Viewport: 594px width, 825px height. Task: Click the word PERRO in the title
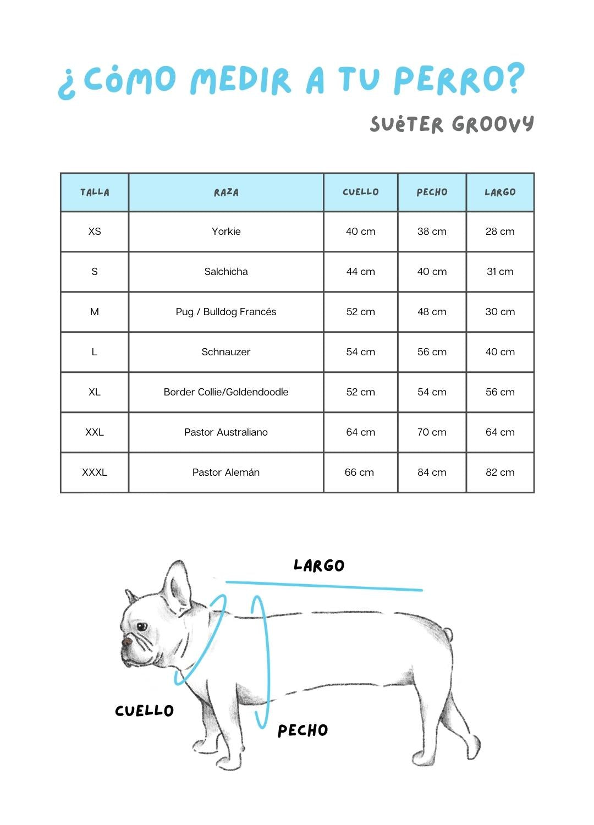tap(450, 80)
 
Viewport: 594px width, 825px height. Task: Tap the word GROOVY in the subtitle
tap(493, 124)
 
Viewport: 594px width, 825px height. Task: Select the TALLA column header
tap(95, 192)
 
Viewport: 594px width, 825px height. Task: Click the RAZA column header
tap(226, 192)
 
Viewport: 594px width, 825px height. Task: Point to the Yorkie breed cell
tap(226, 232)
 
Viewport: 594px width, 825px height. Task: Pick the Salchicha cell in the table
tap(226, 272)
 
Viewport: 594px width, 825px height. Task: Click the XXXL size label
tap(95, 472)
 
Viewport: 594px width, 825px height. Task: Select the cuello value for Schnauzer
tap(360, 352)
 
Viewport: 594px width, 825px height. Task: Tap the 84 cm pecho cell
tap(432, 472)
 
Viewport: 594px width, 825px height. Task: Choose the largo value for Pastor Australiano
tap(500, 432)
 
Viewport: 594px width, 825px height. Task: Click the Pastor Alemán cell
tap(226, 472)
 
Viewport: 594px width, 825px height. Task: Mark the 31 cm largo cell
tap(500, 272)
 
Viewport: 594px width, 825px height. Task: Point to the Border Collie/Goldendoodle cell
tap(226, 392)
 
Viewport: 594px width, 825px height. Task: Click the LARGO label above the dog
tap(319, 565)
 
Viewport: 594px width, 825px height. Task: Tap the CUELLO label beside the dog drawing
tap(144, 711)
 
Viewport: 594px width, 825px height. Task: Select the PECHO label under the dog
tap(302, 730)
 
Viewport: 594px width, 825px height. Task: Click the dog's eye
tap(142, 626)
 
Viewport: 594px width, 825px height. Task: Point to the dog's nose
tap(126, 641)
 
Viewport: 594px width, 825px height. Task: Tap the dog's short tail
tap(449, 634)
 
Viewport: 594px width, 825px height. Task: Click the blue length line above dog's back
tap(324, 586)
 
